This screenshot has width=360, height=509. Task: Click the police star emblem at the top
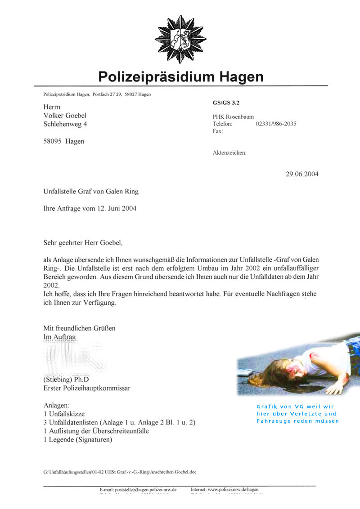pyautogui.click(x=180, y=39)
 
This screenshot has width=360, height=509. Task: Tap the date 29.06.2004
pyautogui.click(x=301, y=174)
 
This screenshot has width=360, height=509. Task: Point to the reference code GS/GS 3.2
pyautogui.click(x=226, y=103)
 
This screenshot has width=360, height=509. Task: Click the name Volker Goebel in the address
pyautogui.click(x=64, y=116)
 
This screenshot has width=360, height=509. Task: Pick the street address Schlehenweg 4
pyautogui.click(x=65, y=124)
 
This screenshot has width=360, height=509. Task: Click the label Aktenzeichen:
pyautogui.click(x=229, y=153)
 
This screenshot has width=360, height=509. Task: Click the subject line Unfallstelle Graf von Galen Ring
pyautogui.click(x=90, y=192)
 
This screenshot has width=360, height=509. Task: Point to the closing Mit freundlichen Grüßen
pyautogui.click(x=79, y=328)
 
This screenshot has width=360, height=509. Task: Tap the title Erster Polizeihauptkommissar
pyautogui.click(x=87, y=388)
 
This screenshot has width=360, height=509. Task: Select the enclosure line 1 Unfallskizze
pyautogui.click(x=64, y=414)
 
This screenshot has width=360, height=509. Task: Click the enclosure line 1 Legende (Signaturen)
pyautogui.click(x=78, y=439)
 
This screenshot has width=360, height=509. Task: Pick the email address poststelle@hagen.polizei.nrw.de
pyautogui.click(x=138, y=489)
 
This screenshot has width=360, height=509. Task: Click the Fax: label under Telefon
pyautogui.click(x=218, y=131)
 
